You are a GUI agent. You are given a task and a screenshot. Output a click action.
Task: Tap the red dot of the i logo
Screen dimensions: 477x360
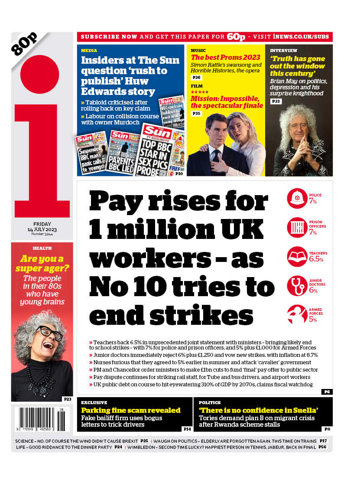(39, 75)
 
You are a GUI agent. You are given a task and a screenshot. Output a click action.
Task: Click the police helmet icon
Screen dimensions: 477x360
(297, 199)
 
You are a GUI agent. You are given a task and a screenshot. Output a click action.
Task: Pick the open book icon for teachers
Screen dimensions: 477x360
(297, 256)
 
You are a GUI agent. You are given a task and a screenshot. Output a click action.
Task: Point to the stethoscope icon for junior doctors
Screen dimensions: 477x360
(297, 285)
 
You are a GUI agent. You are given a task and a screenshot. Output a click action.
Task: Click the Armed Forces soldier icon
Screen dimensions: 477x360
(297, 314)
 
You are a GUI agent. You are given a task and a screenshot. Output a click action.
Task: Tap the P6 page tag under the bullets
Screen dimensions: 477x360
(327, 392)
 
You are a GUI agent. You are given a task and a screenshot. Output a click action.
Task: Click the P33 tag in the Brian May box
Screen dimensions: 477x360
(276, 101)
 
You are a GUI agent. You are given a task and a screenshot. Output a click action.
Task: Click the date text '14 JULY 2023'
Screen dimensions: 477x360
(42, 229)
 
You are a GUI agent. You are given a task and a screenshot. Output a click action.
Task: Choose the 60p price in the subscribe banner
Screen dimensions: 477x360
(236, 36)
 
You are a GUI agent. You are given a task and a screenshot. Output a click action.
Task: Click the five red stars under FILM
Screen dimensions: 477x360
(200, 92)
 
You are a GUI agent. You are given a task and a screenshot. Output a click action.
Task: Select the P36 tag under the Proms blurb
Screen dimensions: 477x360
(196, 78)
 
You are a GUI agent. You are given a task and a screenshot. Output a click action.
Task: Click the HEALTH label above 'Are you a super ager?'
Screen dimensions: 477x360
(42, 248)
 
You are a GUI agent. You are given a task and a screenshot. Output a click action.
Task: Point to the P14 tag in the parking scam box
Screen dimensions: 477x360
(187, 429)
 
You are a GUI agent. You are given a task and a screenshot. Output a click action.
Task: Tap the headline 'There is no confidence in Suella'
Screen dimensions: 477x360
(259, 410)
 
